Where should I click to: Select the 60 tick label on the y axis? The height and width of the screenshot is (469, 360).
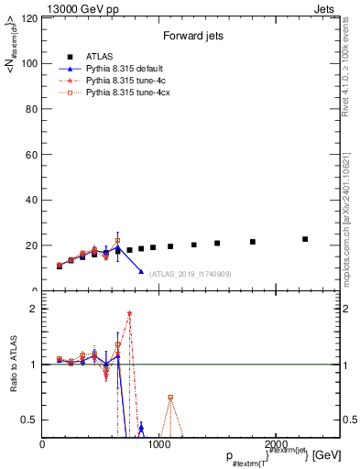click(x=30, y=155)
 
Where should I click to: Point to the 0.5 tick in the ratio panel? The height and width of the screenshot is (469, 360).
click(x=30, y=420)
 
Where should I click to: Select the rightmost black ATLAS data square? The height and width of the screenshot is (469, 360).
click(x=305, y=239)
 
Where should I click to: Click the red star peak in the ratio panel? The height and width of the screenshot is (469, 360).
click(x=129, y=313)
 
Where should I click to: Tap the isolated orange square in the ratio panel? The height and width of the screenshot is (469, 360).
click(x=170, y=398)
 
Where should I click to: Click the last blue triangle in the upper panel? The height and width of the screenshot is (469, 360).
click(x=141, y=271)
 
